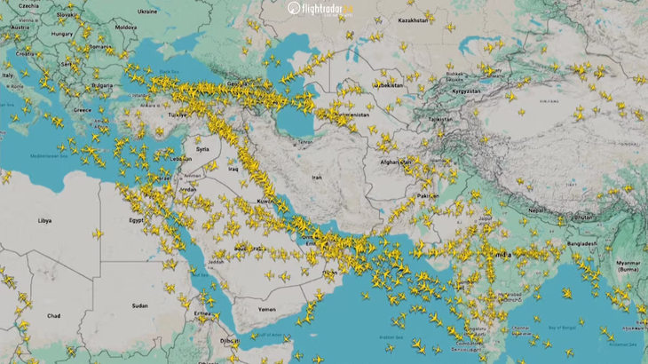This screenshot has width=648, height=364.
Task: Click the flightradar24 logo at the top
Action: (320, 8)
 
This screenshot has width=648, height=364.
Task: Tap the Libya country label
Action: (43, 219)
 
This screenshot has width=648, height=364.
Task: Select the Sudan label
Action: (140, 305)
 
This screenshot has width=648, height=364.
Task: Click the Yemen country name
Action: (267, 308)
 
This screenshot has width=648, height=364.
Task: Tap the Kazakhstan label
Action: (412, 20)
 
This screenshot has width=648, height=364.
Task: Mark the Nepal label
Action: (534, 210)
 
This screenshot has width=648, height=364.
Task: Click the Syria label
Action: (203, 149)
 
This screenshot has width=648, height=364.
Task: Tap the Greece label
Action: (83, 111)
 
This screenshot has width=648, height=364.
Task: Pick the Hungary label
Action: (61, 34)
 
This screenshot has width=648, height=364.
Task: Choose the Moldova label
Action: (126, 28)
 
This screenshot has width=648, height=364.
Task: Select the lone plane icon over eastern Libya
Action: (98, 234)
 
